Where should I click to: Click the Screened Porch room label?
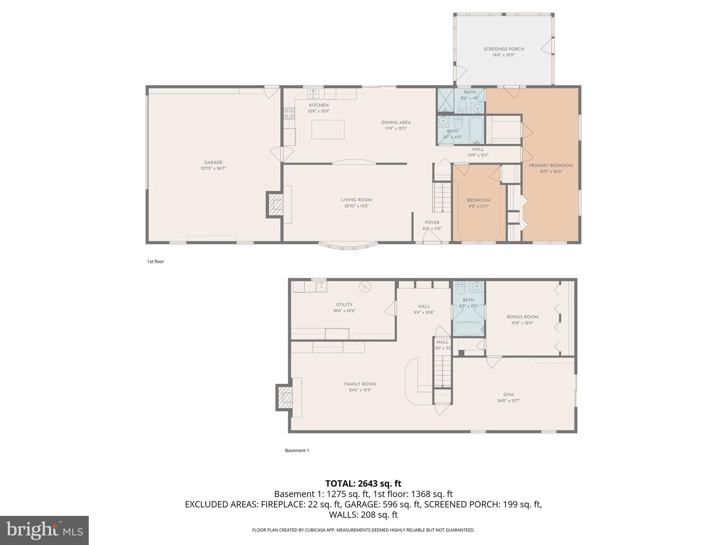(503, 49)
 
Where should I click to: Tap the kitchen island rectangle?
(328, 130)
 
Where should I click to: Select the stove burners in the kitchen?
(289, 114)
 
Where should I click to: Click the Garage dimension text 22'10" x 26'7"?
(213, 169)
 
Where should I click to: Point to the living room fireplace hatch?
(276, 205)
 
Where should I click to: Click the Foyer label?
(432, 223)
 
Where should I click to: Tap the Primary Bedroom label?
(551, 166)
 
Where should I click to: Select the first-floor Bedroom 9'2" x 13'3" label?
(478, 200)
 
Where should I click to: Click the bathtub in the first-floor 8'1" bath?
(476, 130)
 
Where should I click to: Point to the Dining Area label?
(396, 123)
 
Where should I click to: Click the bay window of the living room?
(348, 246)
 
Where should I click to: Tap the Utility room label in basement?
(344, 305)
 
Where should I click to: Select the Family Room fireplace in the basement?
(285, 397)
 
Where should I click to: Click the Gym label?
(508, 395)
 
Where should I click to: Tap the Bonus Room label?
(522, 317)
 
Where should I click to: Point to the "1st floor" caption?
(155, 262)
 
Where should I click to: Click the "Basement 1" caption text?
(297, 451)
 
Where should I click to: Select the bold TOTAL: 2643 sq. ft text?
(363, 484)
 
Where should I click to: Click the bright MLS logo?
(44, 530)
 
